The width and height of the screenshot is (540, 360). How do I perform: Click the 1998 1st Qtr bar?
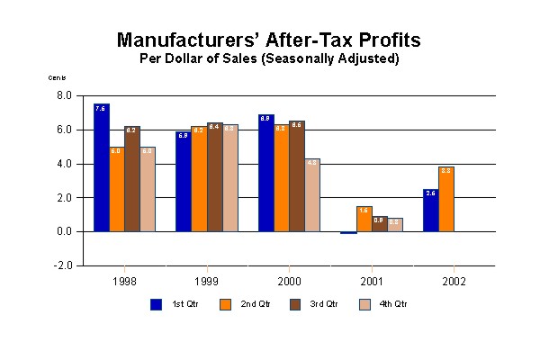click(x=102, y=167)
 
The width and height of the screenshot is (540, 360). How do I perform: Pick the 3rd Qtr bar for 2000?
click(x=296, y=175)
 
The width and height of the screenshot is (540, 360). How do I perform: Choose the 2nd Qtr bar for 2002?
click(x=445, y=199)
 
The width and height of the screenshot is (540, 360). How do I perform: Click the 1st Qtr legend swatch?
click(x=156, y=303)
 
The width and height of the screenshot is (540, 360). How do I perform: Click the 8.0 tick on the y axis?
click(x=65, y=95)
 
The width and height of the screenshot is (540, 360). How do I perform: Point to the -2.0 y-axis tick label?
click(x=63, y=266)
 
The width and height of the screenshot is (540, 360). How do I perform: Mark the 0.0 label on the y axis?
click(x=65, y=232)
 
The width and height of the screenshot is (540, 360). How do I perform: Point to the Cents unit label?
click(x=58, y=78)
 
